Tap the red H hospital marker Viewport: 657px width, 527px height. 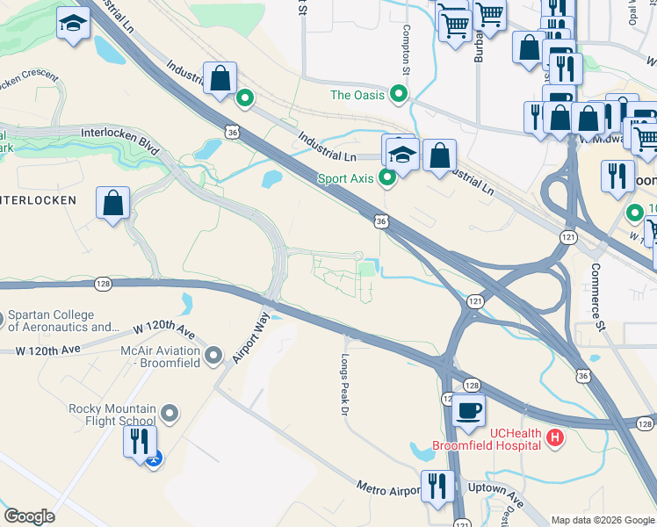pyautogui.click(x=555, y=437)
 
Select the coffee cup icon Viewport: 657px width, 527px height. pyautogui.click(x=469, y=409)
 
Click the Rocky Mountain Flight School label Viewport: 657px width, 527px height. pyautogui.click(x=112, y=415)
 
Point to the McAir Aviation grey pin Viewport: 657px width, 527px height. pyautogui.click(x=213, y=357)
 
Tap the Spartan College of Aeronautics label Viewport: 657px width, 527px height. pyautogui.click(x=62, y=321)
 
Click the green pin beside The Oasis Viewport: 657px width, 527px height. pyautogui.click(x=400, y=94)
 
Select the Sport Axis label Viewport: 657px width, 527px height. pyautogui.click(x=346, y=178)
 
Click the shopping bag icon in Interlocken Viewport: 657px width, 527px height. pyautogui.click(x=113, y=204)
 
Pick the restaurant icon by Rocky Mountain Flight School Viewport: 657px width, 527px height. pyautogui.click(x=140, y=441)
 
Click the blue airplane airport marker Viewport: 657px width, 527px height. pyautogui.click(x=155, y=459)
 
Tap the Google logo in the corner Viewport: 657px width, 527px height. pyautogui.click(x=29, y=516)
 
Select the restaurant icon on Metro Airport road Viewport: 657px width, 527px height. pyautogui.click(x=437, y=486)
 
